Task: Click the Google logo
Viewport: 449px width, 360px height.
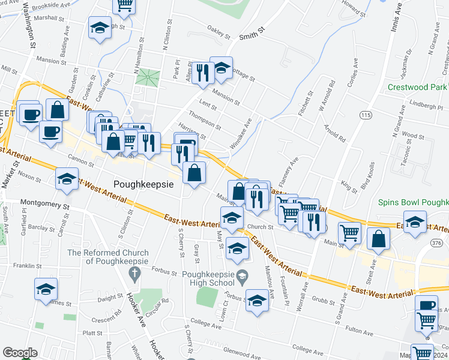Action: [x=20, y=353]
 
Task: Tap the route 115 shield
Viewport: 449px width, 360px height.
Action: [x=365, y=115]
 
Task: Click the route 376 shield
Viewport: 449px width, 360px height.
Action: [x=436, y=242]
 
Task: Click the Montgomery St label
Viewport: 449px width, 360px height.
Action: [x=45, y=204]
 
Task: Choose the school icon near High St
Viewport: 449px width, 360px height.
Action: [x=100, y=28]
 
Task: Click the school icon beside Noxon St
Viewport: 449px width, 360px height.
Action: [x=67, y=178]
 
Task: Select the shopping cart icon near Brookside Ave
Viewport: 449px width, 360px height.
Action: [x=124, y=5]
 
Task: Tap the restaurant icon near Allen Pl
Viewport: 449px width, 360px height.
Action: [x=203, y=72]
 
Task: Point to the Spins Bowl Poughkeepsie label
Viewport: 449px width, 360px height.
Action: [x=414, y=203]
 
